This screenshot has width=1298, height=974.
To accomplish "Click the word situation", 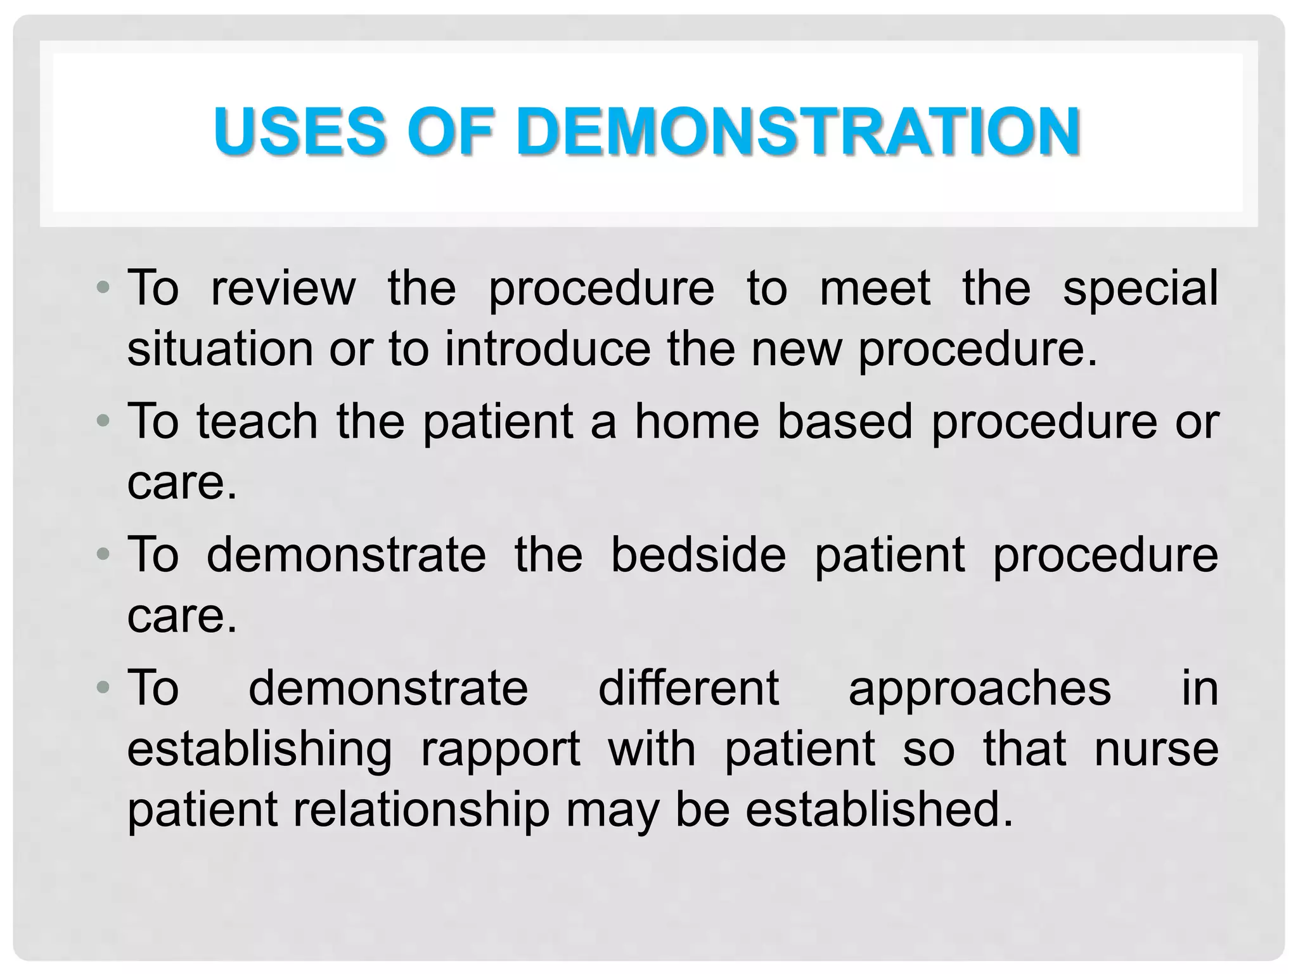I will coord(220,349).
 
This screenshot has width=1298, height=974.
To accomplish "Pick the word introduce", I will coord(548,349).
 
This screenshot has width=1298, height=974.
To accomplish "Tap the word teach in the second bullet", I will coord(257,422).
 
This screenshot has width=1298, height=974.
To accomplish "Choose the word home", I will coord(697,422).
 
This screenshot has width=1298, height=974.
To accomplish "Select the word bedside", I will coord(698,555).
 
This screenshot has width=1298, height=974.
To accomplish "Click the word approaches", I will coord(979,689).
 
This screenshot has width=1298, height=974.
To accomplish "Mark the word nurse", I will coord(1156,749).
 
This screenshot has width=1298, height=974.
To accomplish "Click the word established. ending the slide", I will coord(880,810).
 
